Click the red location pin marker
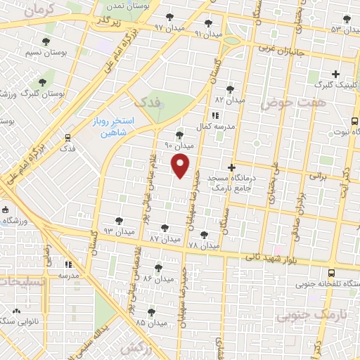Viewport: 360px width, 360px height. pyautogui.click(x=181, y=167)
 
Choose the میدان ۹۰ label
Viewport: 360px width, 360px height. pyautogui.click(x=179, y=145)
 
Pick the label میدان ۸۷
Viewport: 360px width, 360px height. pyautogui.click(x=164, y=238)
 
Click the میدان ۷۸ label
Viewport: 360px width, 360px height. pyautogui.click(x=204, y=245)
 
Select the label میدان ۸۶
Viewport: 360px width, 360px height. pyautogui.click(x=157, y=278)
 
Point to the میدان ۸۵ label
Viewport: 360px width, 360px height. pyautogui.click(x=151, y=323)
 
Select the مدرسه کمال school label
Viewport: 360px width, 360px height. pyautogui.click(x=213, y=125)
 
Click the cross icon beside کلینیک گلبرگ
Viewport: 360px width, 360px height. pyautogui.click(x=336, y=74)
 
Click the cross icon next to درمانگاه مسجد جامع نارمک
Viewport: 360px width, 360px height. pyautogui.click(x=231, y=167)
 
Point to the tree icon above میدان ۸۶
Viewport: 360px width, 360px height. pyautogui.click(x=157, y=267)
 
